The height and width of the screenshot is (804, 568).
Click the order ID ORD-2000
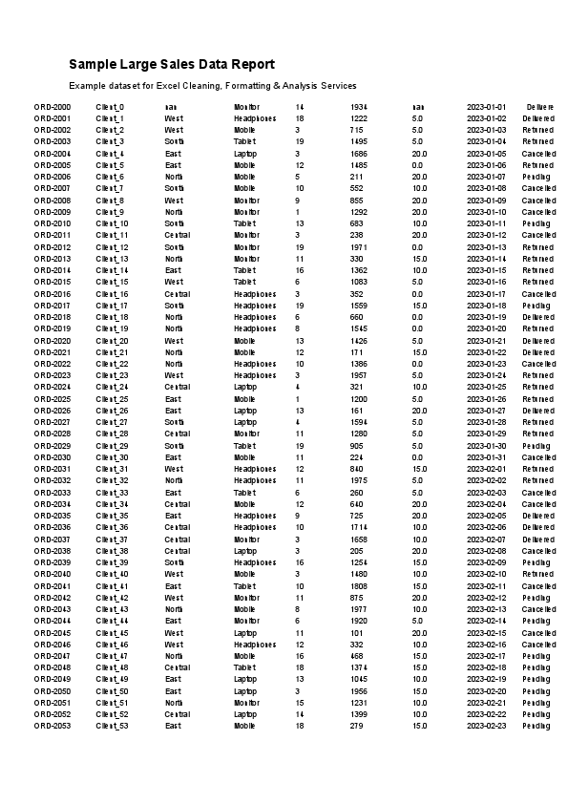tap(53, 107)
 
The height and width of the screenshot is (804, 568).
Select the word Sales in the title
tap(174, 64)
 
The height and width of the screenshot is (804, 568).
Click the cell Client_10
tap(113, 223)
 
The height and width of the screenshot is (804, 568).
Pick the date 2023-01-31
tap(486, 457)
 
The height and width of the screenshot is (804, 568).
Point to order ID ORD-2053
tap(53, 726)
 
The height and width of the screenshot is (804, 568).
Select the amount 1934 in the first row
tap(359, 107)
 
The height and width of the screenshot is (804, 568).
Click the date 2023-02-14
tap(486, 621)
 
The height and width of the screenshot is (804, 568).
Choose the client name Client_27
tap(113, 422)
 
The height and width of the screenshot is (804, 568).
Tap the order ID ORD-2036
tap(53, 527)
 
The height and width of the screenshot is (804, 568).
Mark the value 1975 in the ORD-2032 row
tap(359, 480)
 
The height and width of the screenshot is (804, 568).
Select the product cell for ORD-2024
tap(245, 387)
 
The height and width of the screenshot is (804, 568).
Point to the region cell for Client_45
tap(174, 632)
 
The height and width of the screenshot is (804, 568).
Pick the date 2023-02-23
tap(486, 726)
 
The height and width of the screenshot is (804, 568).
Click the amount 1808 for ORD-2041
tap(359, 585)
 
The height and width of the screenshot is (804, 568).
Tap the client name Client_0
tap(111, 107)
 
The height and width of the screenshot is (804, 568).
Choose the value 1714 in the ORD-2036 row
tap(359, 527)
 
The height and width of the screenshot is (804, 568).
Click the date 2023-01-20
tap(486, 328)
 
